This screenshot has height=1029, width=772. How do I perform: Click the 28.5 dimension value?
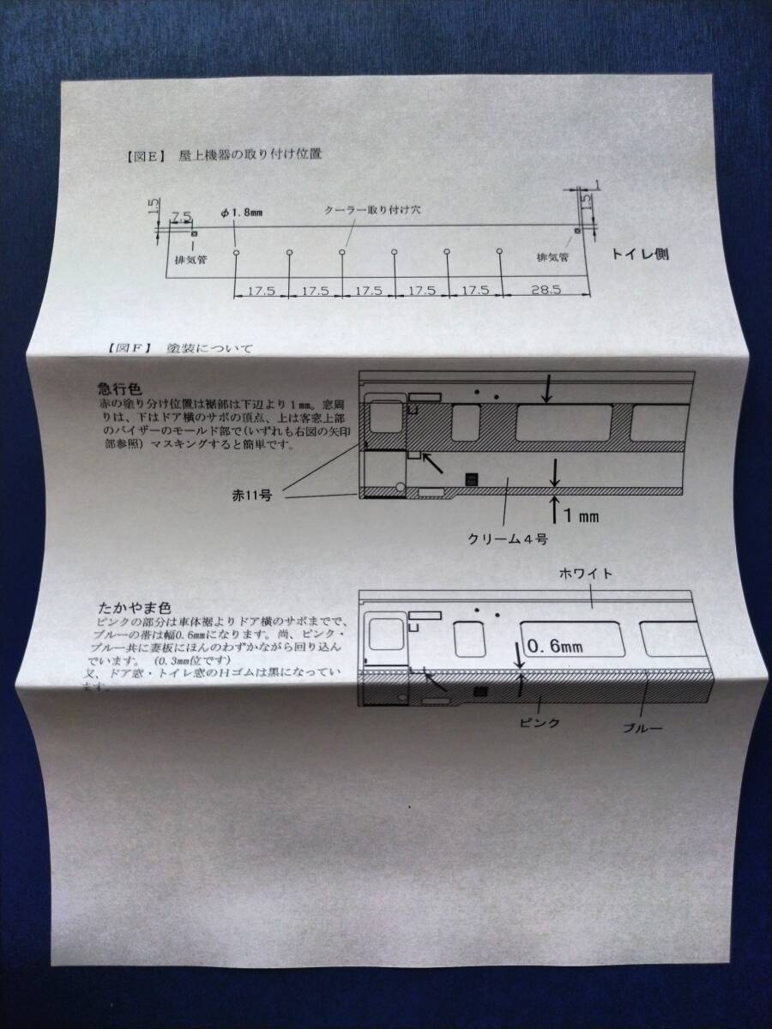pos(546,290)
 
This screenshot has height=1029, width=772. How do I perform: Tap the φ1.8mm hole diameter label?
pos(240,213)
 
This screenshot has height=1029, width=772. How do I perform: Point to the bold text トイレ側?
pos(640,254)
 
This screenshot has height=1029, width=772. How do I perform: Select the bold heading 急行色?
pos(118,387)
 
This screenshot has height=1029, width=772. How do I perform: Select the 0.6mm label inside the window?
pos(558,647)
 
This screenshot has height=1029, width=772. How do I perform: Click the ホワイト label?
pos(585,574)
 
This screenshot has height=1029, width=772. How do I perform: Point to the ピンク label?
pos(540,722)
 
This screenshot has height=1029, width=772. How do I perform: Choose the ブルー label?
pos(643,728)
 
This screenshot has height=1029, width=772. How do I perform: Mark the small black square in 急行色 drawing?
pos(469,478)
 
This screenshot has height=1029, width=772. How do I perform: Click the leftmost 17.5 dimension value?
pos(261,291)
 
